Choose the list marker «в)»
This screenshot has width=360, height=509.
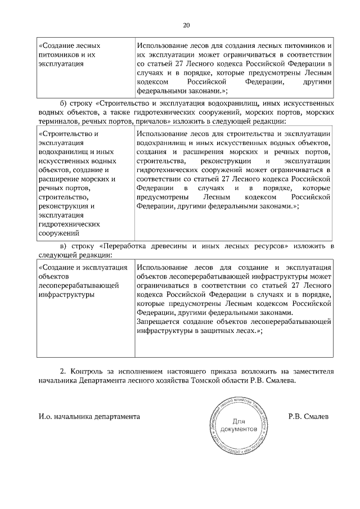pos(64,246)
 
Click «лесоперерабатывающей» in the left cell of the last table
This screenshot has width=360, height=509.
pos(78,285)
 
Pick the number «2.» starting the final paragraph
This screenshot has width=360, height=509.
pos(63,371)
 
